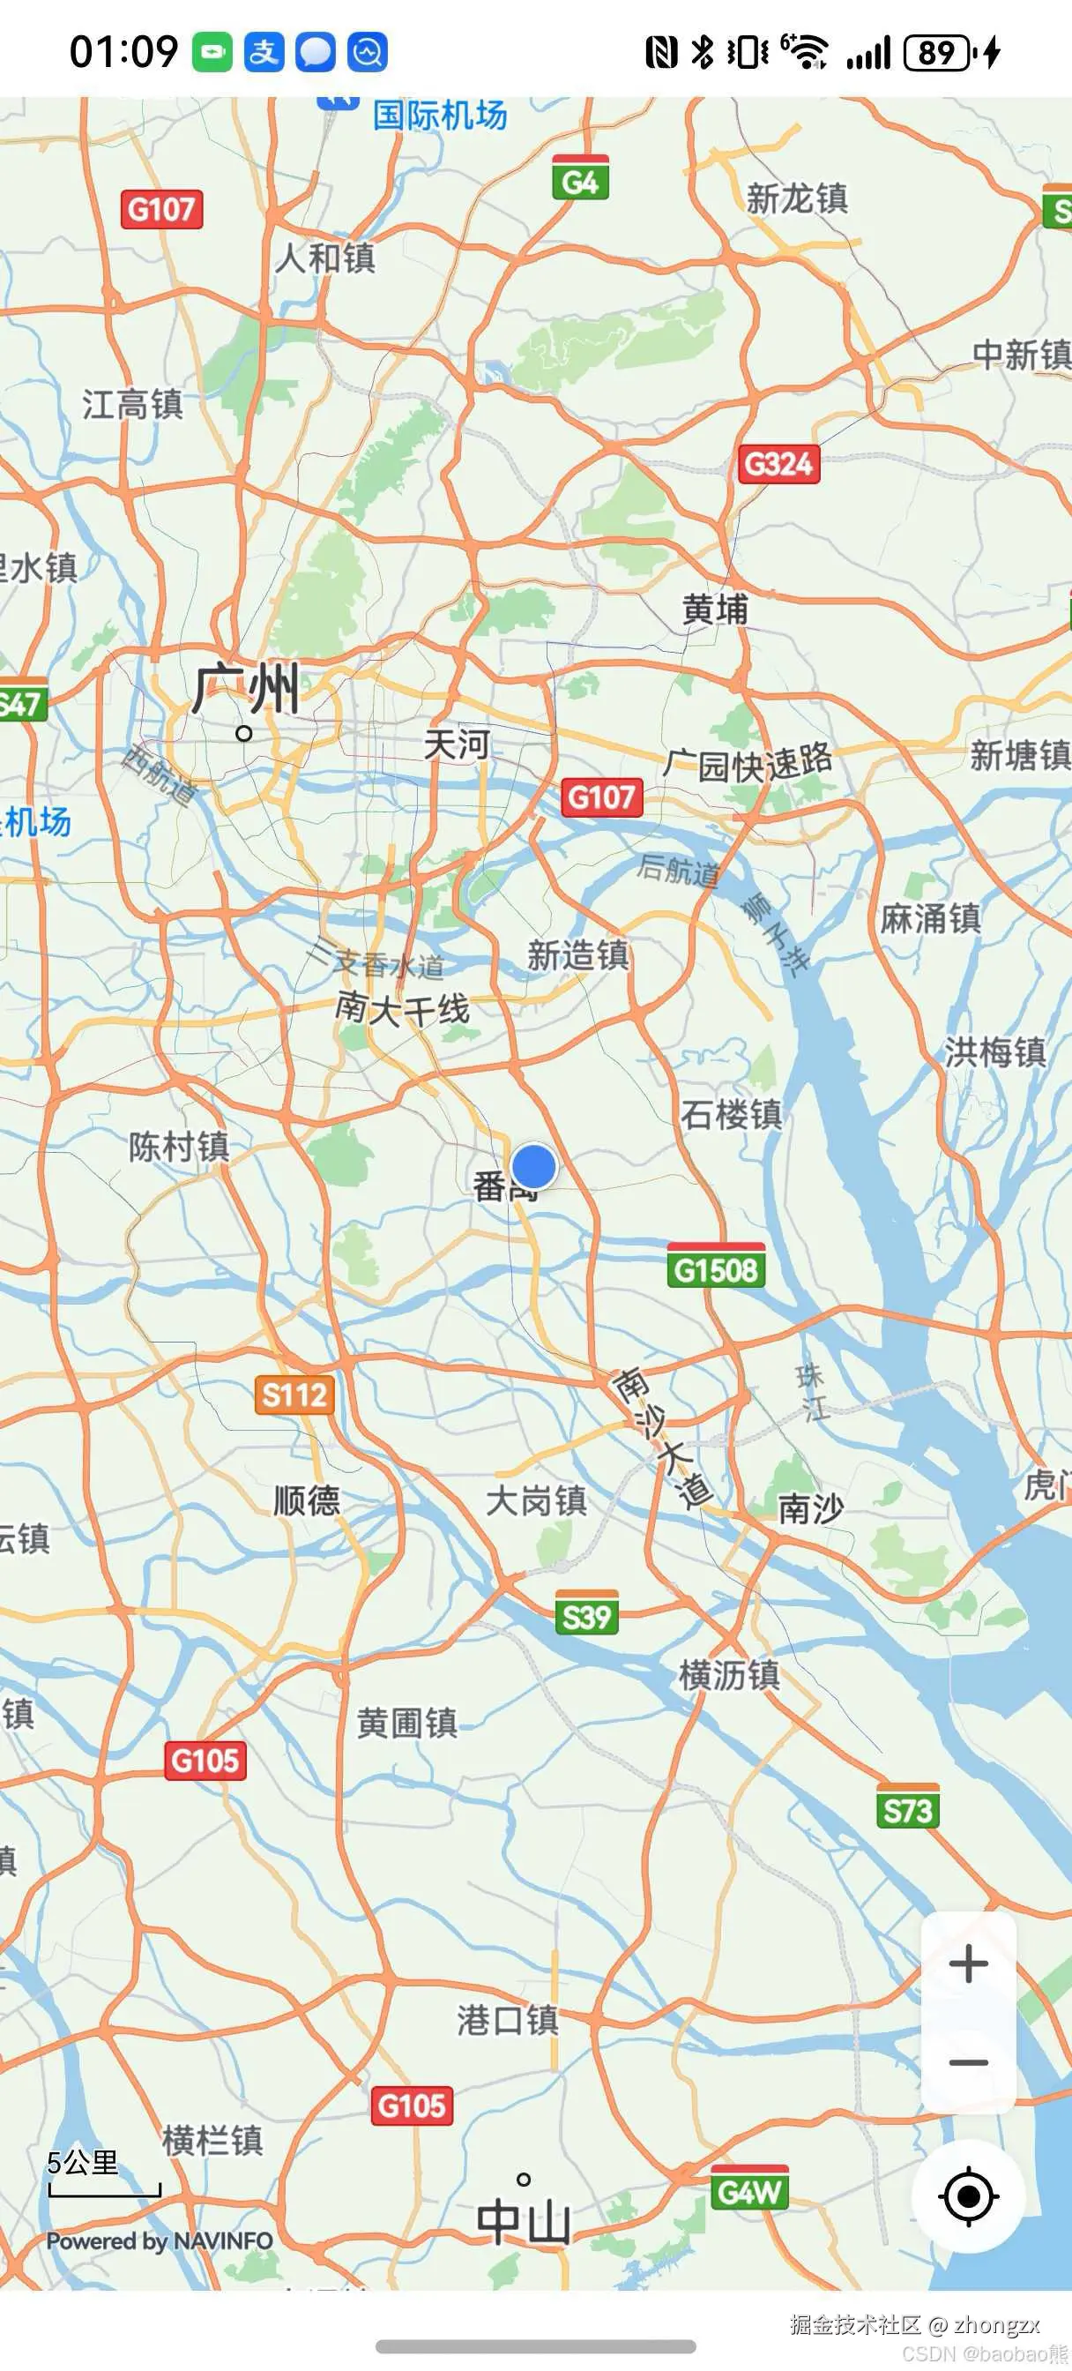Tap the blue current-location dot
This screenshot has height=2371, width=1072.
point(533,1166)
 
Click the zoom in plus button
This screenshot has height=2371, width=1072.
point(968,1963)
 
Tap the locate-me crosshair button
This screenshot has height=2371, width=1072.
point(968,2196)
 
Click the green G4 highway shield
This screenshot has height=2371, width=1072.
point(580,179)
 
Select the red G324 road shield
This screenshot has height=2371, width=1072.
point(778,463)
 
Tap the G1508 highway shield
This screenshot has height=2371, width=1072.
point(716,1269)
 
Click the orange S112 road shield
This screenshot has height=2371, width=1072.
point(294,1395)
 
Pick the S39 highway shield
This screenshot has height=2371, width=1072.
point(586,1615)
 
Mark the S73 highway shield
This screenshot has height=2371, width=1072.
point(907,1809)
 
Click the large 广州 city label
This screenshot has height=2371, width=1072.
point(246,691)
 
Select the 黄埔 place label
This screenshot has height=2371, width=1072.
point(715,609)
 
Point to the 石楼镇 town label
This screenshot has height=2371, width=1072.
point(732,1114)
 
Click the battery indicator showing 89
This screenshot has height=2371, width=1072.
point(938,52)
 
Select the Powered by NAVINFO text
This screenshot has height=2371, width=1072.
point(160,2241)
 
